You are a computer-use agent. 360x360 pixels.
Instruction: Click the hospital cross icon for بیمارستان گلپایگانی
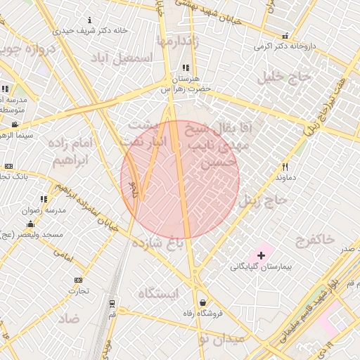tap(261, 254)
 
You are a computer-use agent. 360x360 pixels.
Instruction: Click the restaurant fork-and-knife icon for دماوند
tap(285, 167)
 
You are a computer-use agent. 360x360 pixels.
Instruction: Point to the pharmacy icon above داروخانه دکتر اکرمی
tap(285, 36)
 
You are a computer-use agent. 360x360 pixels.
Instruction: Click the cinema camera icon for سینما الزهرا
tap(15, 124)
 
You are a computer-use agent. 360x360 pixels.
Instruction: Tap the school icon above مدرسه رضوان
tap(44, 199)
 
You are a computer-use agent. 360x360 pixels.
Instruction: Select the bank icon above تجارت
tap(77, 280)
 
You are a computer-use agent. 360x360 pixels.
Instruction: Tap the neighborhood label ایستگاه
tap(158, 292)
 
